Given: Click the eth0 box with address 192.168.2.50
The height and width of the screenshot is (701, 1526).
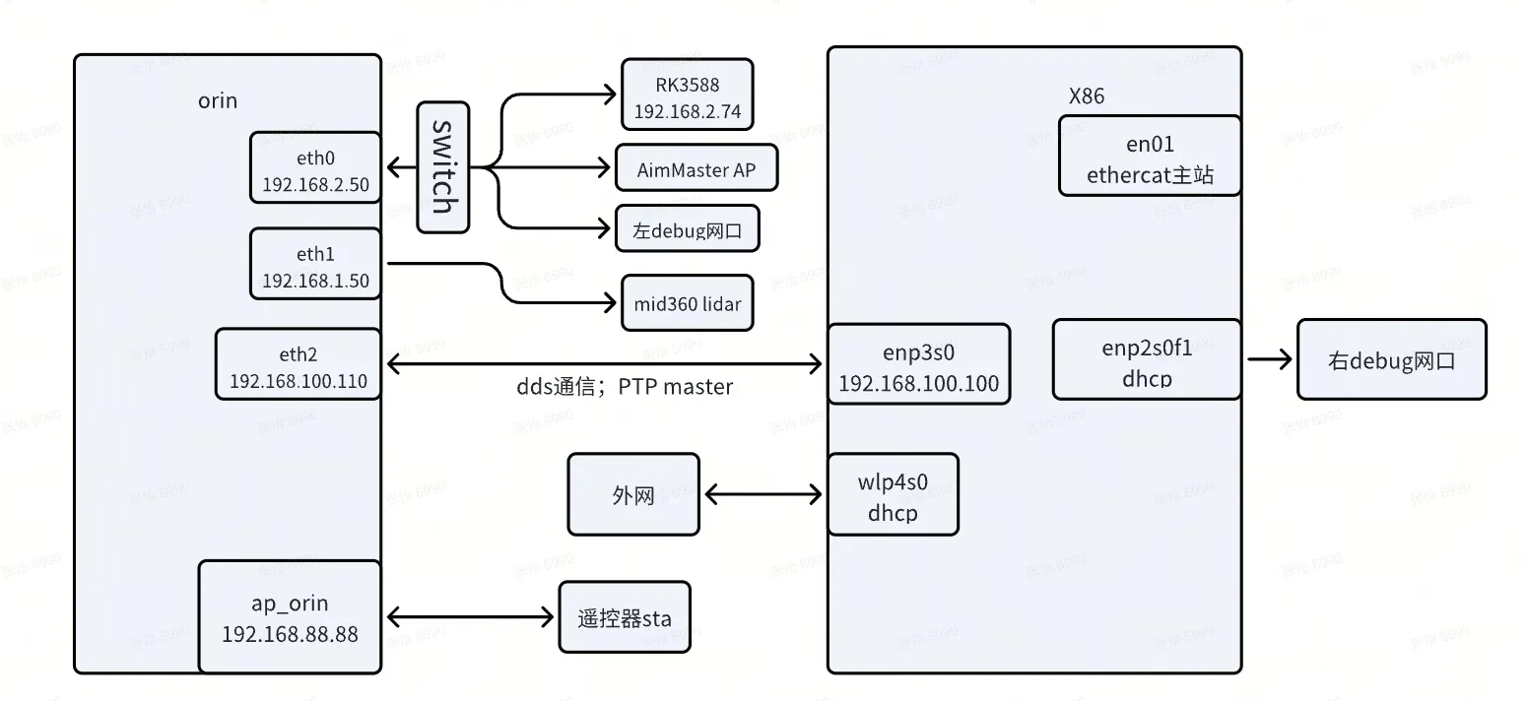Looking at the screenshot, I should [x=315, y=167].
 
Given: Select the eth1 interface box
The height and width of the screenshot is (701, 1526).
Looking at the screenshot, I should [x=315, y=264].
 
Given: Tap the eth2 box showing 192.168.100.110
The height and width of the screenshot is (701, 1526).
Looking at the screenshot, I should [x=299, y=364].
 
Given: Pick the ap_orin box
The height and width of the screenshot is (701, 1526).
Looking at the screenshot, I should [x=290, y=617].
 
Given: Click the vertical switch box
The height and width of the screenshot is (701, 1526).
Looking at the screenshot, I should [x=442, y=167].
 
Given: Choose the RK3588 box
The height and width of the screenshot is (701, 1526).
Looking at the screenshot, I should [x=687, y=95].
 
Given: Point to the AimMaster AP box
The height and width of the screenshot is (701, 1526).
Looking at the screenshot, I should [x=697, y=168].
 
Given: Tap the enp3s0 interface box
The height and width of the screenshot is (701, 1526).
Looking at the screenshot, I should [x=919, y=364].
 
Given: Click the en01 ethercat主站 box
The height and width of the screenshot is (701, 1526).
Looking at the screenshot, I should [x=1150, y=157].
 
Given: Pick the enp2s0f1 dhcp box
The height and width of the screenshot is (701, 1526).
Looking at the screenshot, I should [x=1146, y=359].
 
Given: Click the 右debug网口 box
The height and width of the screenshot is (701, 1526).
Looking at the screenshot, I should [x=1391, y=359].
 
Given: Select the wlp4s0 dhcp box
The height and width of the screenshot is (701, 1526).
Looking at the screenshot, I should [x=893, y=494].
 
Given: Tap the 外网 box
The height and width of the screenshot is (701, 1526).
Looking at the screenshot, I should [x=633, y=494].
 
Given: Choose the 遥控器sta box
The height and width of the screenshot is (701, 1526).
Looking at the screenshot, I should [x=625, y=617].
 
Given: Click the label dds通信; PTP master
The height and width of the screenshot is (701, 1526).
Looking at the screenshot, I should [x=625, y=387].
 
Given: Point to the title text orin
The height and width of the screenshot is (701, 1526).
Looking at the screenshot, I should [x=217, y=100].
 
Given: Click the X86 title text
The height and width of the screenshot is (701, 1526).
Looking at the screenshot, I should [x=1087, y=96].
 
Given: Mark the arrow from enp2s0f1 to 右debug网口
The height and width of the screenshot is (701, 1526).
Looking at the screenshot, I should [x=1269, y=359].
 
